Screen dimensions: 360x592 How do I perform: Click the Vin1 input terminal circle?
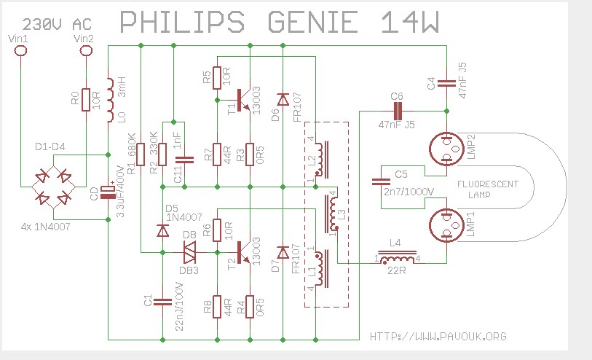pyautogui.click(x=21, y=50)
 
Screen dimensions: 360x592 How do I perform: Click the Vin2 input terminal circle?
pyautogui.click(x=86, y=50)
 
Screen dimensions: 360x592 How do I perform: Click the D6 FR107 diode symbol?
pyautogui.click(x=283, y=98)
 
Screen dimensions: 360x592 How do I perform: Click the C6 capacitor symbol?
pyautogui.click(x=397, y=111)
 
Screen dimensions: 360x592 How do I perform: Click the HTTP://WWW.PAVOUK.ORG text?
pyautogui.click(x=438, y=336)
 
